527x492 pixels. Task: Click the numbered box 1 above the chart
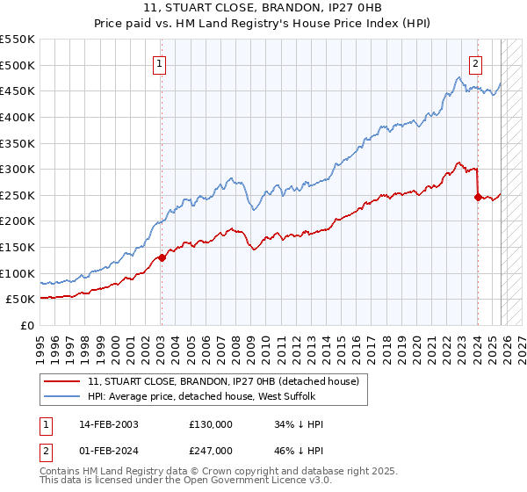[160, 63]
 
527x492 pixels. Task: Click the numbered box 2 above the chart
[475, 63]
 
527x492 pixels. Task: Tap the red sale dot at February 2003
[162, 257]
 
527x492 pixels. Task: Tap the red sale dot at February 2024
[478, 197]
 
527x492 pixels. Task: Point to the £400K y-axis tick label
[18, 117]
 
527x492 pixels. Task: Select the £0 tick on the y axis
[27, 325]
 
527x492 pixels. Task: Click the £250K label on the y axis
[18, 195]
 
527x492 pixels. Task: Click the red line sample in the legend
[63, 382]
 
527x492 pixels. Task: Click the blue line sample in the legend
[63, 398]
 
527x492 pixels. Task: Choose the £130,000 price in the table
[211, 424]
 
